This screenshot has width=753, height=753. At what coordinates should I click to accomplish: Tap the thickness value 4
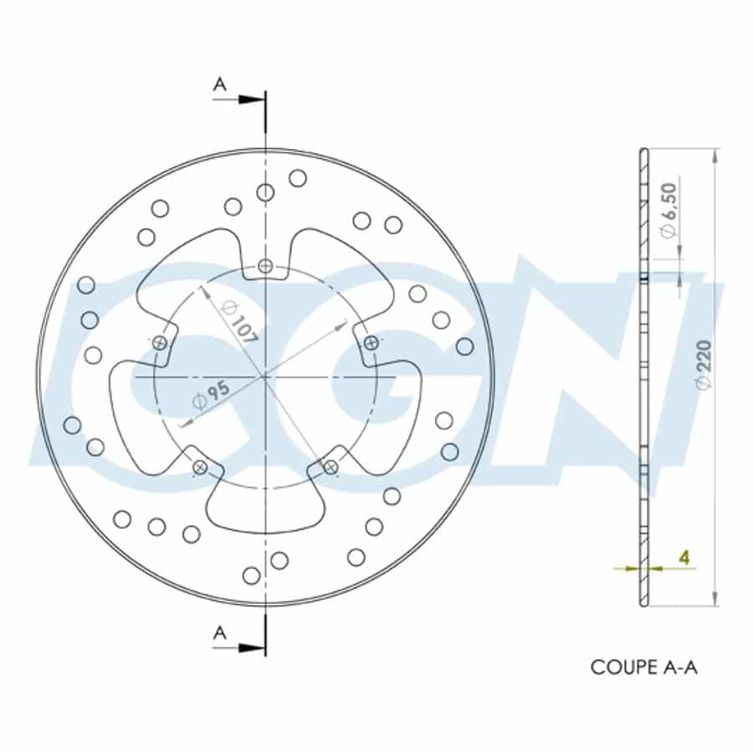coord(684,557)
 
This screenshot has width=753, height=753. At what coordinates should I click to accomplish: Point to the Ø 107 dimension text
coord(238,322)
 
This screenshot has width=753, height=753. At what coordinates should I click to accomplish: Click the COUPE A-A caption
coord(643,667)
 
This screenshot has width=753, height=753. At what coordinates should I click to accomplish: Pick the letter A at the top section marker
coord(219,85)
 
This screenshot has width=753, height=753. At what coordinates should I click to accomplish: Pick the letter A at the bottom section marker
coord(219,633)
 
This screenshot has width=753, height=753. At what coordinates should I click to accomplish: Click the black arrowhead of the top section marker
coord(252,100)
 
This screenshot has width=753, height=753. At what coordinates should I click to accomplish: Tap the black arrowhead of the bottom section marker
coord(252,648)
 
